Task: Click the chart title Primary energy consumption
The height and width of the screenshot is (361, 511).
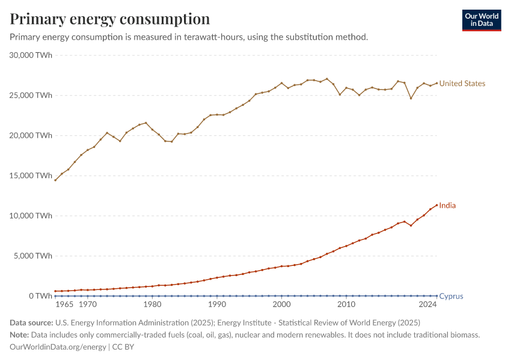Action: click(x=110, y=19)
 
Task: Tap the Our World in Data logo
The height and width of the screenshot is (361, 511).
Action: click(x=481, y=20)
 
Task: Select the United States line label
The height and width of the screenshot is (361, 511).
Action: click(x=462, y=84)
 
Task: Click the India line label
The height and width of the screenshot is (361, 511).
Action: click(x=447, y=206)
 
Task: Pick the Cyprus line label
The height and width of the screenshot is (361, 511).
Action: click(x=451, y=296)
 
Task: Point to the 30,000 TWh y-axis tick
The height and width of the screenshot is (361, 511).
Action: click(x=31, y=55)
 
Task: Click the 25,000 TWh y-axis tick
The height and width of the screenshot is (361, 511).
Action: click(x=31, y=96)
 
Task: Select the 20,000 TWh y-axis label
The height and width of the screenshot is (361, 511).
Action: click(x=31, y=135)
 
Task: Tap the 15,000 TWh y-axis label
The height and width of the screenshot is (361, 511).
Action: click(x=31, y=176)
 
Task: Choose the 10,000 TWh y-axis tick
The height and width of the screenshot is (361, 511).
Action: click(x=31, y=216)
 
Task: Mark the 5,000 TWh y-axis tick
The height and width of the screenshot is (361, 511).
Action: click(x=34, y=256)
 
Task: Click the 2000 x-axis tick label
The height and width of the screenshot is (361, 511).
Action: click(x=281, y=305)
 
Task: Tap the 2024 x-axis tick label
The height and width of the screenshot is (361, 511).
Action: click(x=428, y=305)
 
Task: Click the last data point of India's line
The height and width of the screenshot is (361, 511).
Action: click(x=436, y=205)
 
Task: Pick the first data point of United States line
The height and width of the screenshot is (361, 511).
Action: click(x=55, y=180)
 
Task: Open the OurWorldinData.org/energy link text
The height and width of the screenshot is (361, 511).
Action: click(x=57, y=347)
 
